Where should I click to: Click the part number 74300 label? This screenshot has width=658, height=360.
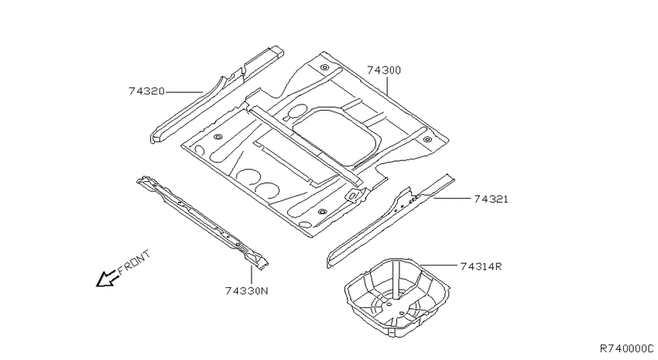[x=384, y=70]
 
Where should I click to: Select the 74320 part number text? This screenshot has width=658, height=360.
[x=146, y=91]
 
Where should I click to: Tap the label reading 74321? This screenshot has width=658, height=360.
[x=491, y=199]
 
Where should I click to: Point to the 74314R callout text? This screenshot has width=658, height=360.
[x=481, y=266]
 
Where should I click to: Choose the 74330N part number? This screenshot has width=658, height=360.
[x=246, y=291]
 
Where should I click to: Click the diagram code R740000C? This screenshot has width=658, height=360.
[x=626, y=348]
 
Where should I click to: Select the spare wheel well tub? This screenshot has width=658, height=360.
[x=397, y=293]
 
